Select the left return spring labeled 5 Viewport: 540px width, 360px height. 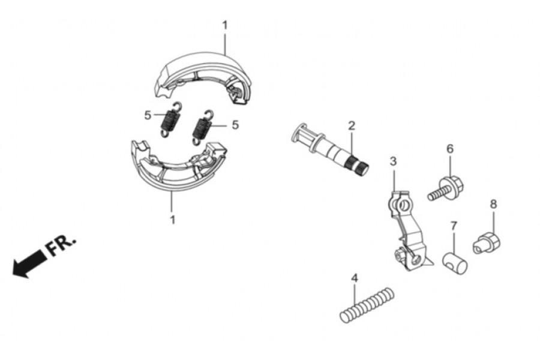pyautogui.click(x=170, y=119)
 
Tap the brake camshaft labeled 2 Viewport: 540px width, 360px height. pyautogui.click(x=330, y=149)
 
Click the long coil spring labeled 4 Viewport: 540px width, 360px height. pyautogui.click(x=367, y=305)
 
